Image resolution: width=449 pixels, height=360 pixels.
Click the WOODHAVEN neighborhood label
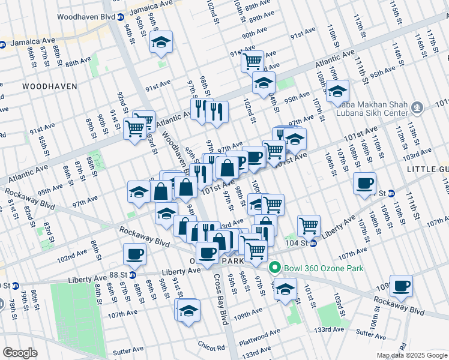(50, 86)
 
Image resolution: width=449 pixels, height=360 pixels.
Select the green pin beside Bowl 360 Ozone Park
(276, 268)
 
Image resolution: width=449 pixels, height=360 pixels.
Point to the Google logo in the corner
(20, 353)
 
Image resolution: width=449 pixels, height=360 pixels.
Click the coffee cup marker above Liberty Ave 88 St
(134, 254)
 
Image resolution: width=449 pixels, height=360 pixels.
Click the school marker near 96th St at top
(161, 42)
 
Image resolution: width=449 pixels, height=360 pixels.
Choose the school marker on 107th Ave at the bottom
(189, 311)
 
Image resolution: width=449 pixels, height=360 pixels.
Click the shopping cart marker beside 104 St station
(309, 226)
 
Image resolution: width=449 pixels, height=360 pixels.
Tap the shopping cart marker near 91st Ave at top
(253, 61)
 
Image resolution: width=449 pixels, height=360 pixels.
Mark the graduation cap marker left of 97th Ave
(139, 193)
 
